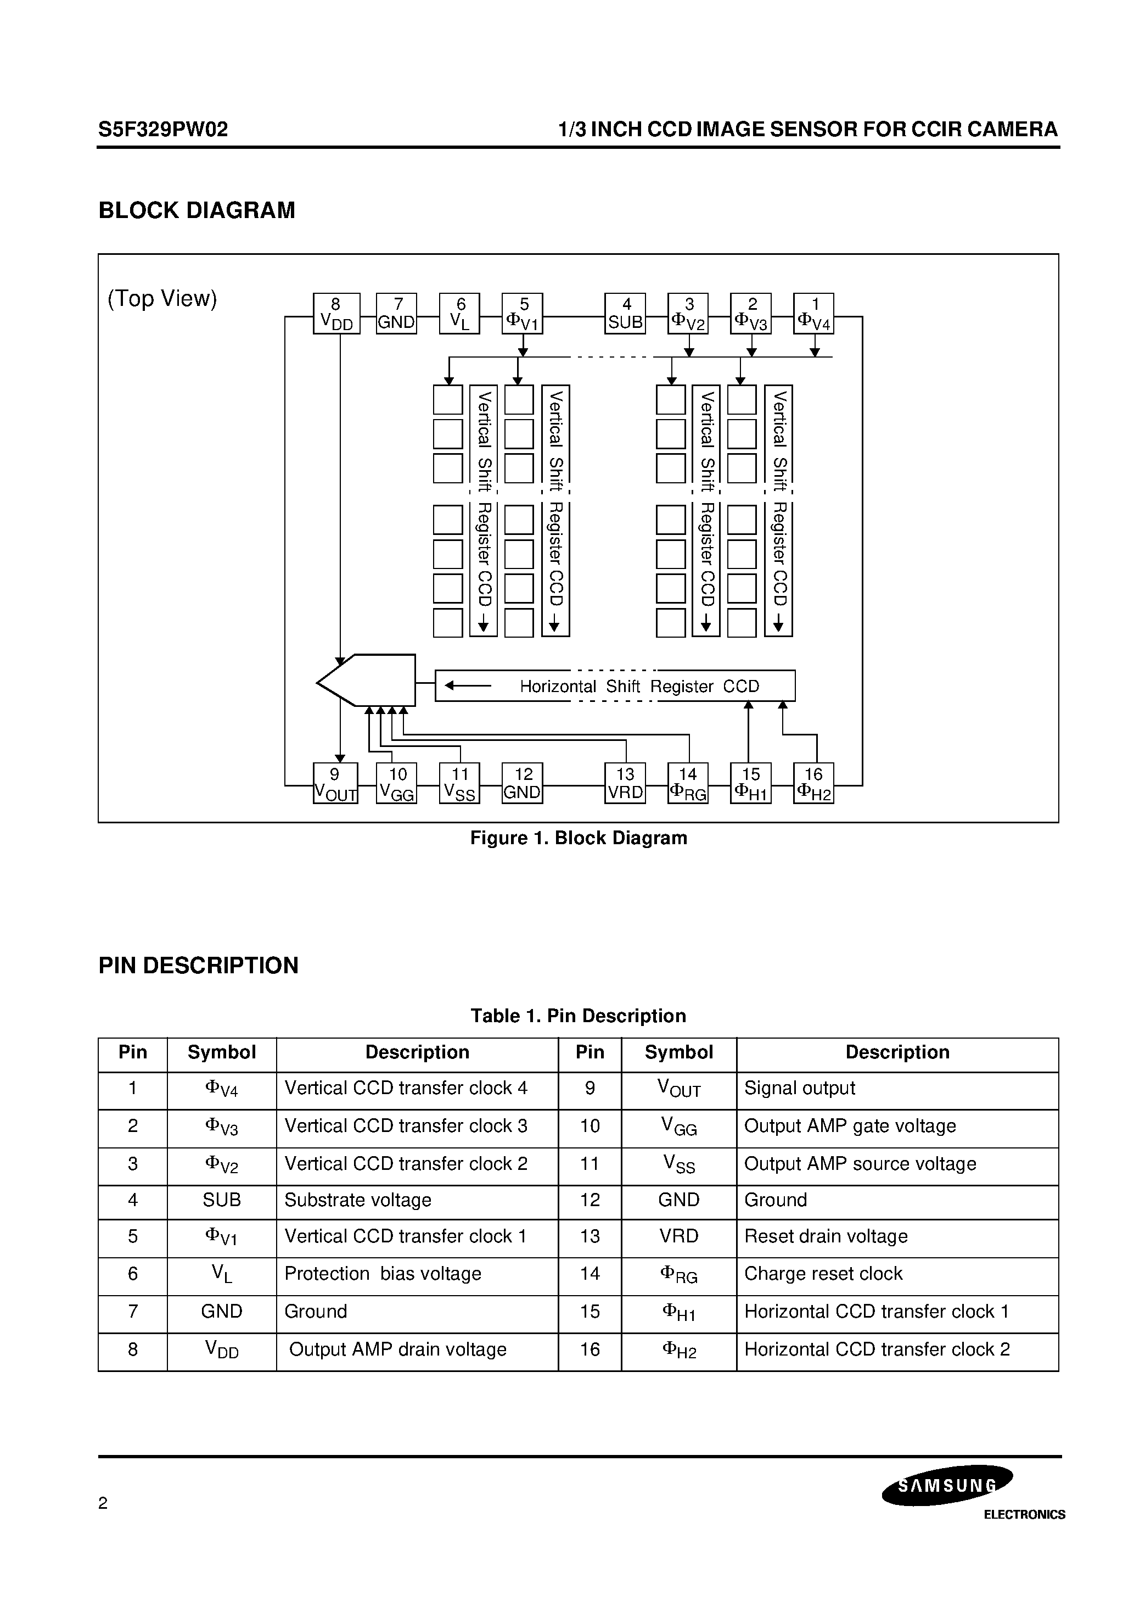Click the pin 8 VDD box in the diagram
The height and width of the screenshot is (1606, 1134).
point(336,314)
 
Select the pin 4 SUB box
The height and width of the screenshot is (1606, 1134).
point(625,314)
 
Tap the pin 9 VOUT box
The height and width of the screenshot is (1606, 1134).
point(335,783)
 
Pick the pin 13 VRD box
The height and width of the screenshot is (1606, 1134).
point(625,783)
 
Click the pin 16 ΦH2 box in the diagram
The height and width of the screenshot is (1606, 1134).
point(814,783)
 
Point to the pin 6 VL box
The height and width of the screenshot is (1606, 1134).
point(459,314)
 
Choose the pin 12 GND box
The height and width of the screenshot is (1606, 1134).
point(522,783)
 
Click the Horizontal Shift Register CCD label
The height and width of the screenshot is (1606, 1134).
point(639,686)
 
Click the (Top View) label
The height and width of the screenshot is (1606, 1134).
point(162,299)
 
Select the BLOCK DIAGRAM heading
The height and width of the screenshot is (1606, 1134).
point(197,210)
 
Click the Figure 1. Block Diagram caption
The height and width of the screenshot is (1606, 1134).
point(578,838)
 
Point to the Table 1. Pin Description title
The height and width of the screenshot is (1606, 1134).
point(578,1016)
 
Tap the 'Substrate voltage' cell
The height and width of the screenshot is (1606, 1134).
point(358,1200)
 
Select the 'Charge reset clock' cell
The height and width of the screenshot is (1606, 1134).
point(823,1274)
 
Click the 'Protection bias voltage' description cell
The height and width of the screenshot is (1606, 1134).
point(383,1274)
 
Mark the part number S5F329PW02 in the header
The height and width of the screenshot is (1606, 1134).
point(163,130)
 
